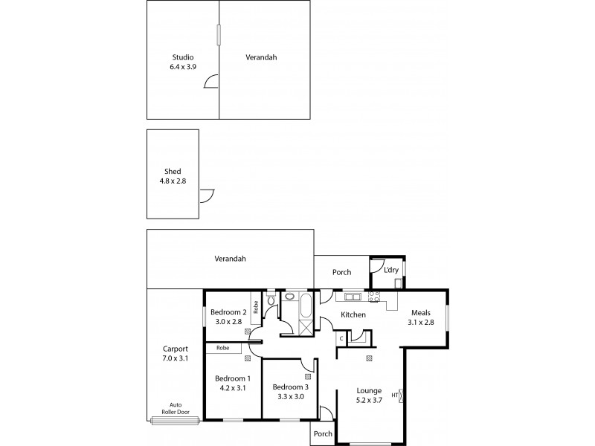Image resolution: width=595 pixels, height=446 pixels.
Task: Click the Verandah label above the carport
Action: point(230,259)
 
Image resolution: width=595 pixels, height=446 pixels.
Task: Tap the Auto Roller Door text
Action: point(175,410)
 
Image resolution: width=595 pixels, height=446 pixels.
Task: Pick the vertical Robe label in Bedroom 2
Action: point(255,307)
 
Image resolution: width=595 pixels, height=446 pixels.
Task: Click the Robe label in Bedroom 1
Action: point(222,348)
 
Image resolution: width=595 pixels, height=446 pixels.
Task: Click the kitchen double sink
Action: point(350,298)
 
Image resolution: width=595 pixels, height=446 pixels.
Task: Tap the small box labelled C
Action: point(341,339)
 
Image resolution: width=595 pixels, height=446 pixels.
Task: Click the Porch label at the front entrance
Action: point(322,433)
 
